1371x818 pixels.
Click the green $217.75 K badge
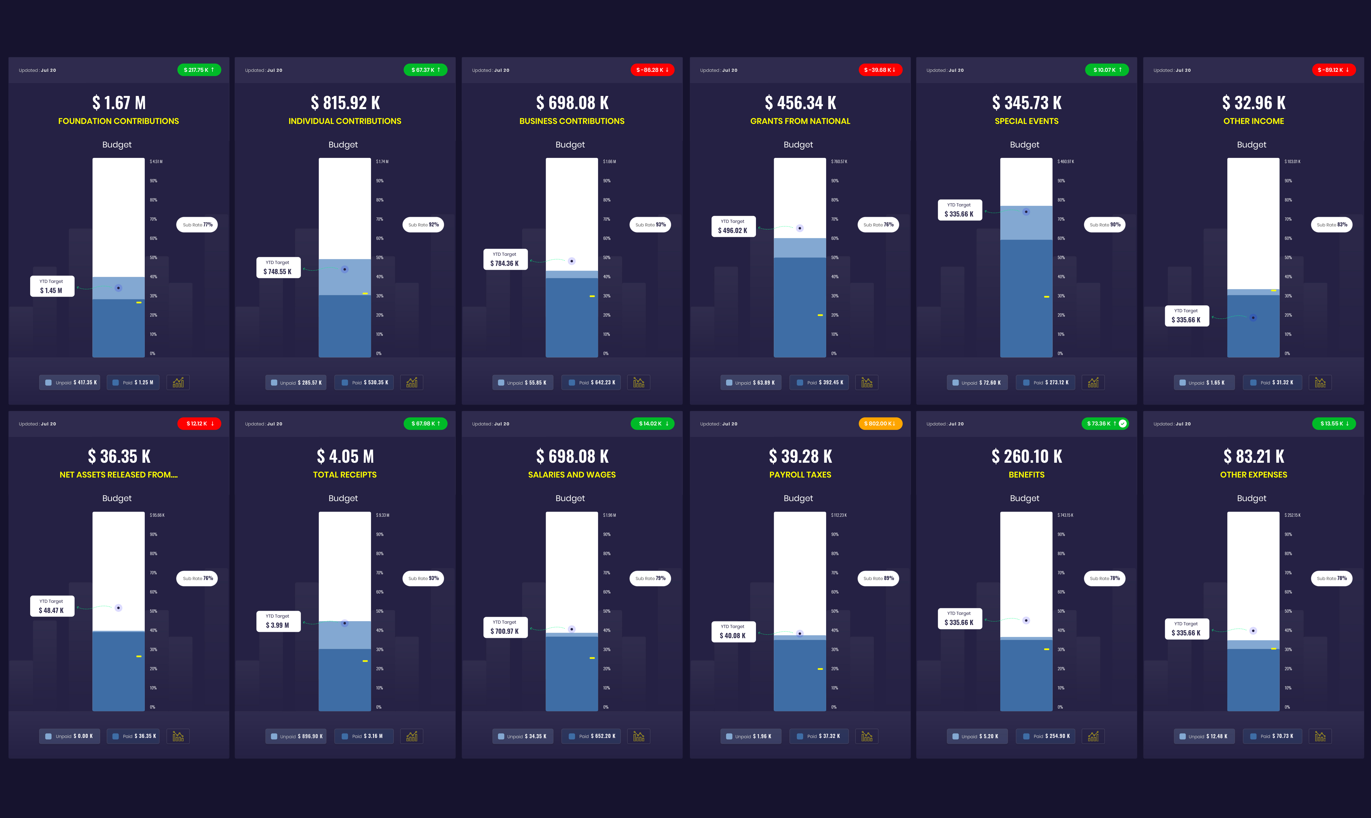tap(199, 70)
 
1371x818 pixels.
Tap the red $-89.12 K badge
tap(1333, 70)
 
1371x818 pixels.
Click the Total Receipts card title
tap(345, 475)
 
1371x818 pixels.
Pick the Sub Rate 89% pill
tap(878, 578)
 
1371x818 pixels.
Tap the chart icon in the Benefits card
tap(1093, 736)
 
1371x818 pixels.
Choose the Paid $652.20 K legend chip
tap(591, 736)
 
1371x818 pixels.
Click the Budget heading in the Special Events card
tap(1024, 144)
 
